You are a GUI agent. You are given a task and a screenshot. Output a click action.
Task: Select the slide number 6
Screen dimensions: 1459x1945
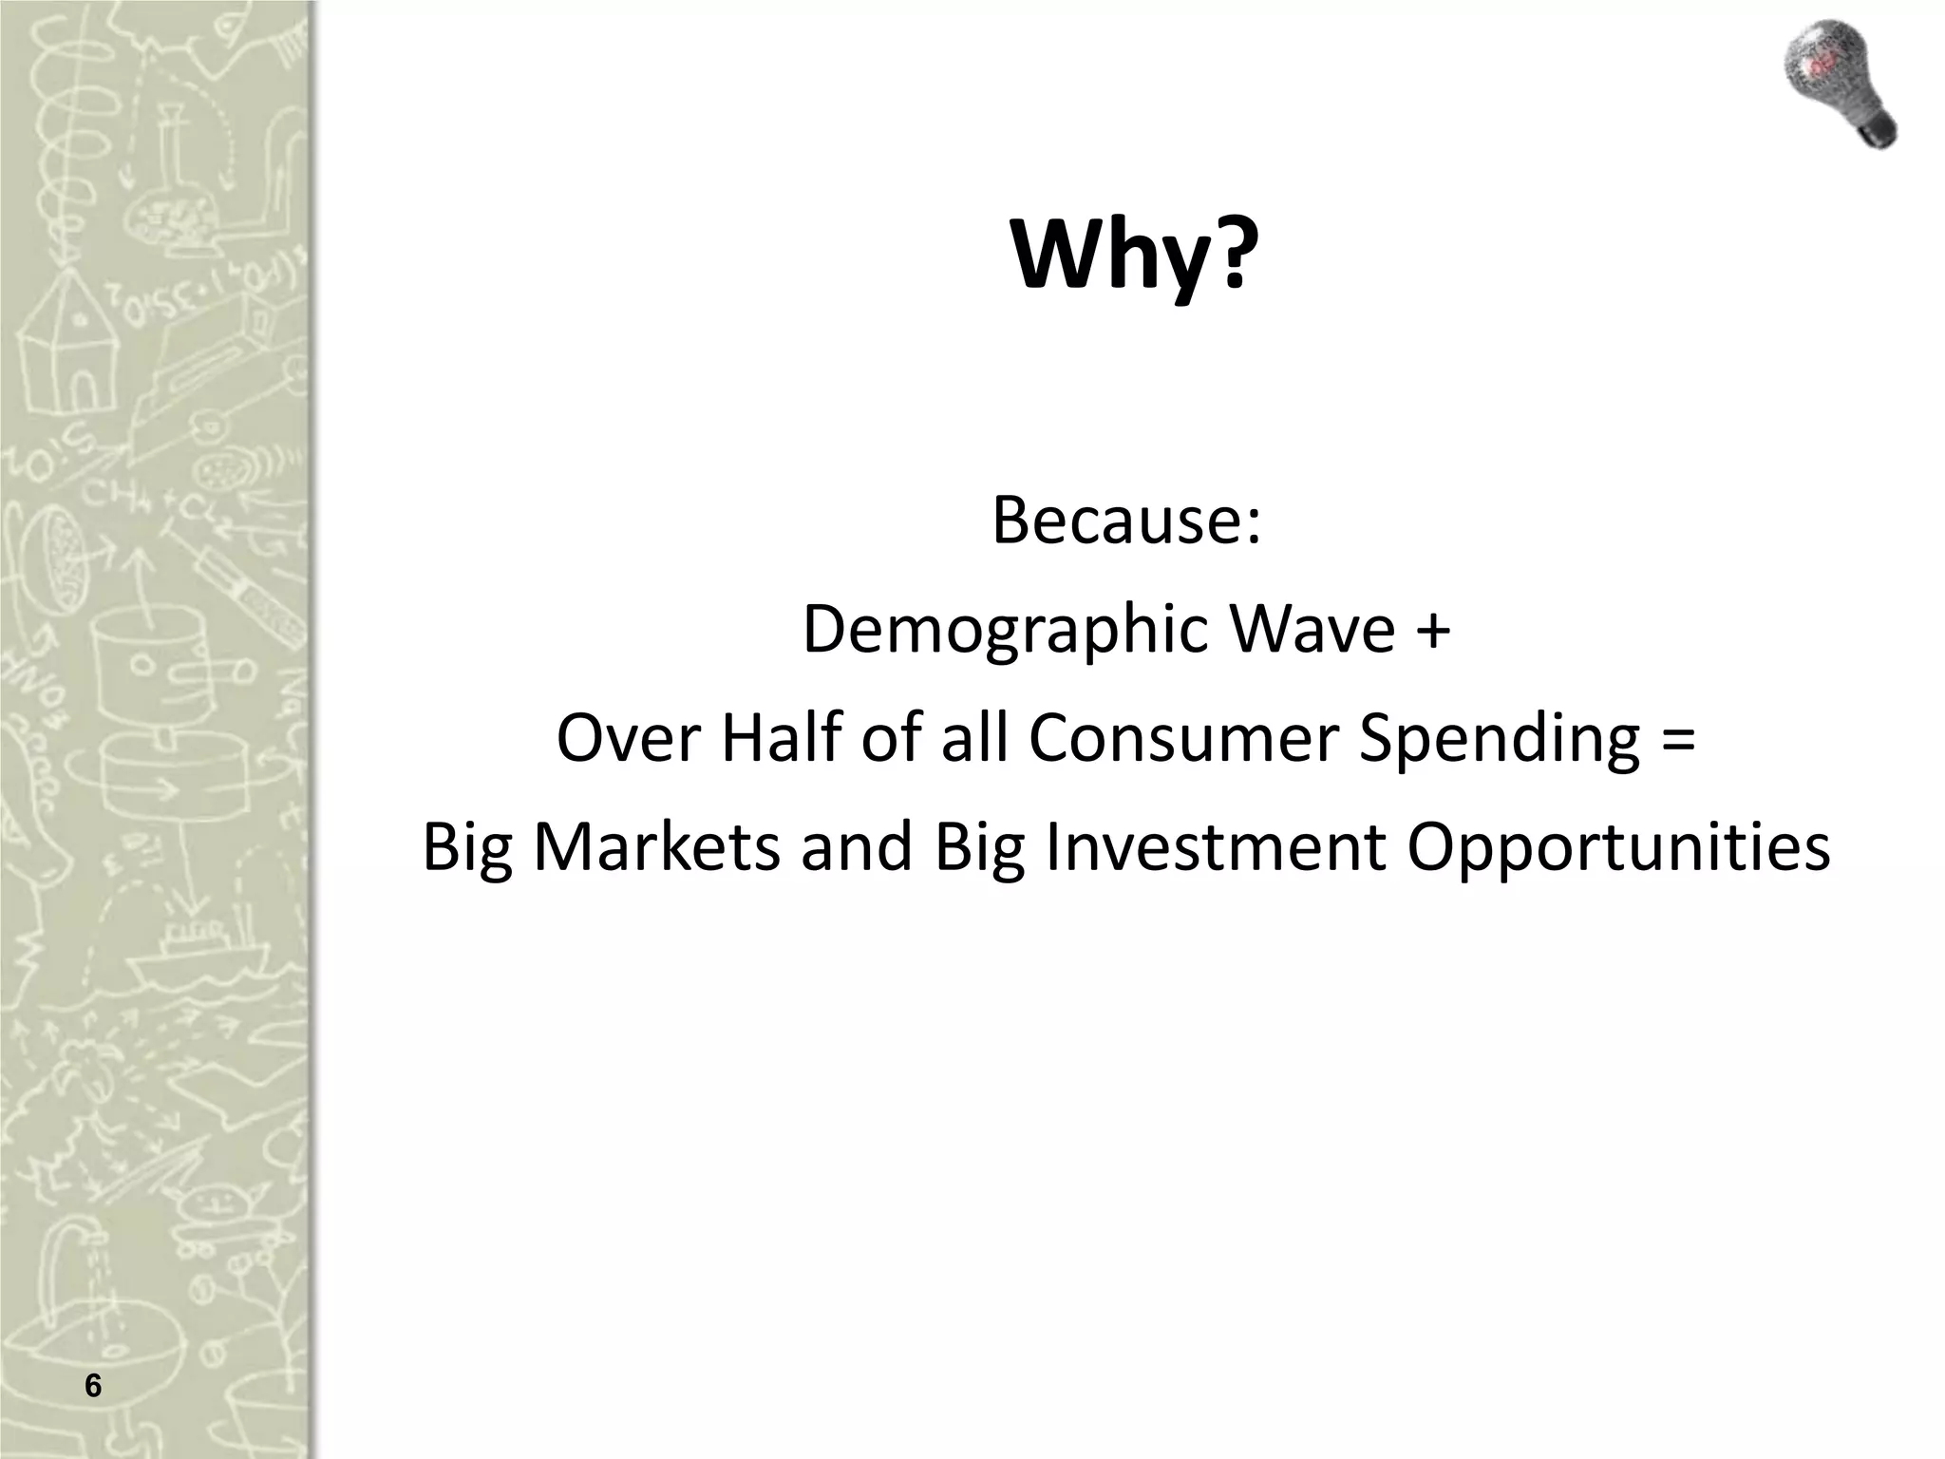(92, 1386)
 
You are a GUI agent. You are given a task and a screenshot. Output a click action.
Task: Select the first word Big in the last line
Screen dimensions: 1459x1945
(466, 848)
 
